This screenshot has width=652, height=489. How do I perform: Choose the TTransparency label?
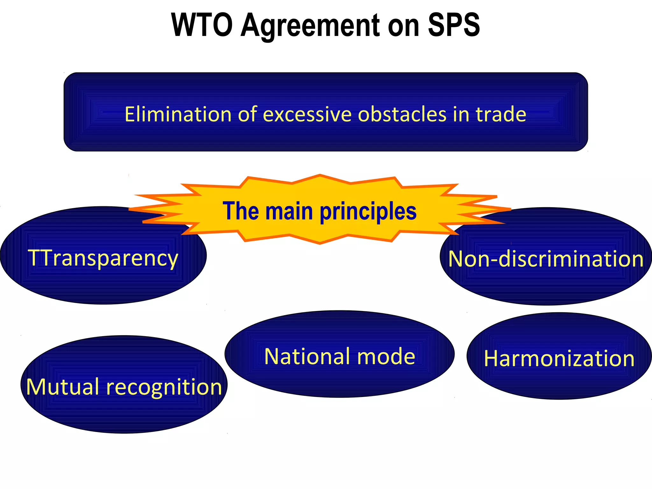[103, 258]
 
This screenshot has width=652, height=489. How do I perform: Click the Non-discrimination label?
[546, 259]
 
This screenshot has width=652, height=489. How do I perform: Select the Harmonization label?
[559, 358]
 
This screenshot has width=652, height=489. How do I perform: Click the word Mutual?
[62, 387]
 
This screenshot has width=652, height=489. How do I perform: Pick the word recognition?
[164, 387]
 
